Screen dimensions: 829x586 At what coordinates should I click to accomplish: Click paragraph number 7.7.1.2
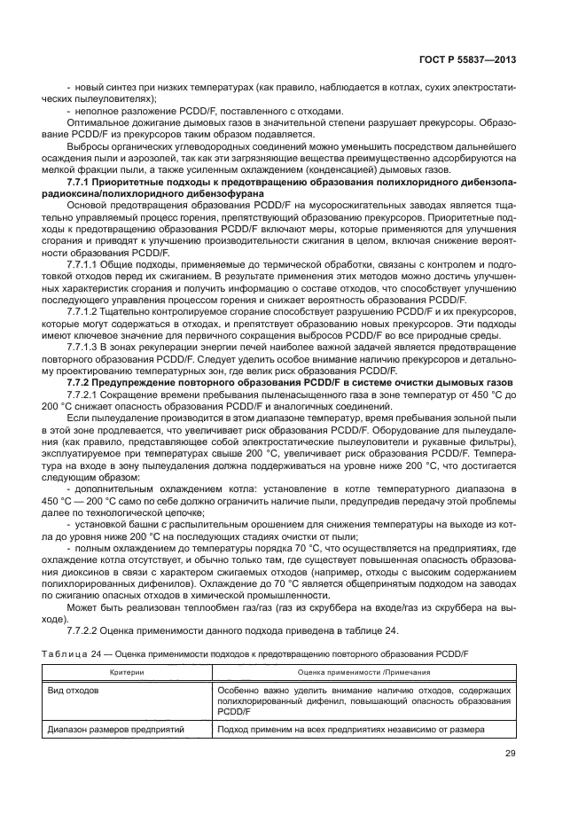[86, 312]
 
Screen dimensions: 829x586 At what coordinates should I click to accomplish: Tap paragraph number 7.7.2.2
[86, 630]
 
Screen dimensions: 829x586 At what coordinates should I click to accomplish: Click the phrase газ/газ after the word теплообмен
[240, 609]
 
